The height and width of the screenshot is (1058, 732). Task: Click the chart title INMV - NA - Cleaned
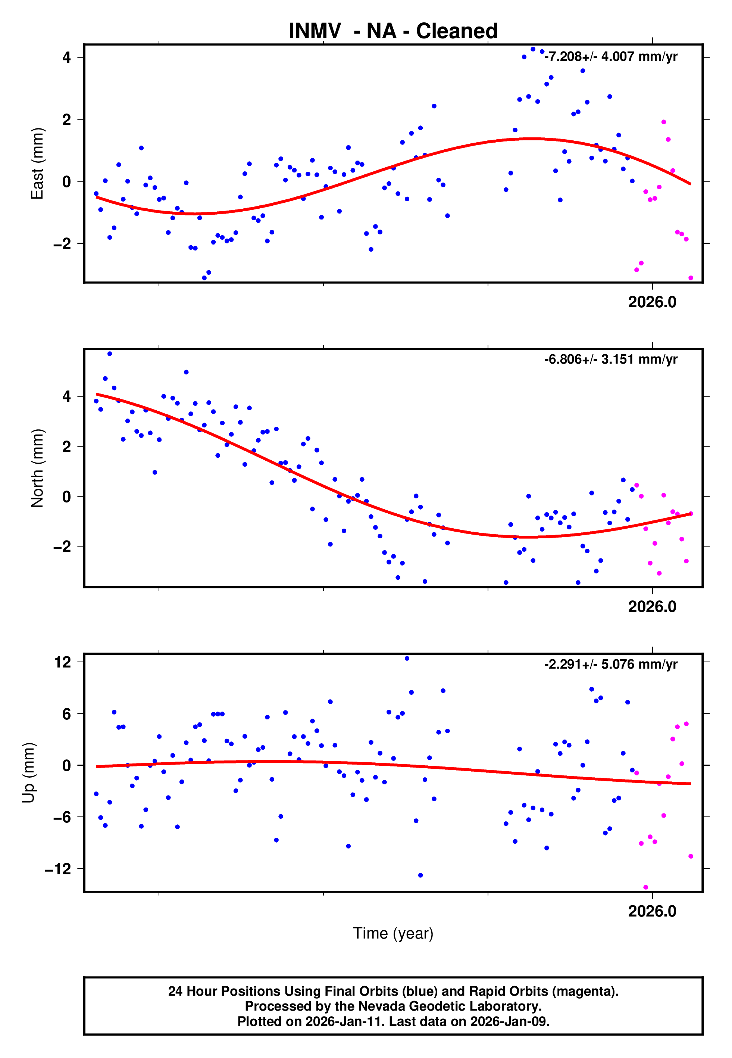coord(393,31)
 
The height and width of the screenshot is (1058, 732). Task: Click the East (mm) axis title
coord(37,164)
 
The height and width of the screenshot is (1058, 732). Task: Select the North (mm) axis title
coord(37,468)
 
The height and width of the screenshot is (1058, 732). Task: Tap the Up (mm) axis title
coord(28,773)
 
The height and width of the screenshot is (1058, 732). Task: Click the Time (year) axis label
coord(393,933)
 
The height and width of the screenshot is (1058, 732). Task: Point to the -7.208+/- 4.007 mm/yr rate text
coord(610,56)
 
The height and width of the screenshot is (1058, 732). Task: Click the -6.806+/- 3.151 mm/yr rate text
coord(610,359)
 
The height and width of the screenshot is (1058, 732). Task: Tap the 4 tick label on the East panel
coord(67,57)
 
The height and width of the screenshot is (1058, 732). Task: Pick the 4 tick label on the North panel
coord(67,396)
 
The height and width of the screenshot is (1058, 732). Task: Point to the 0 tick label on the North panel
coord(67,497)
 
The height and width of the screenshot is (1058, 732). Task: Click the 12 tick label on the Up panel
coord(62,662)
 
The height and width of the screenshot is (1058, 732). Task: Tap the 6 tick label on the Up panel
coord(67,714)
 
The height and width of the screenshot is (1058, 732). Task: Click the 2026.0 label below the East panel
coord(652,302)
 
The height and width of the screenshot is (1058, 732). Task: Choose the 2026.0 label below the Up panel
coord(652,911)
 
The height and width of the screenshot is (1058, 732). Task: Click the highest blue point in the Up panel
coord(407,659)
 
